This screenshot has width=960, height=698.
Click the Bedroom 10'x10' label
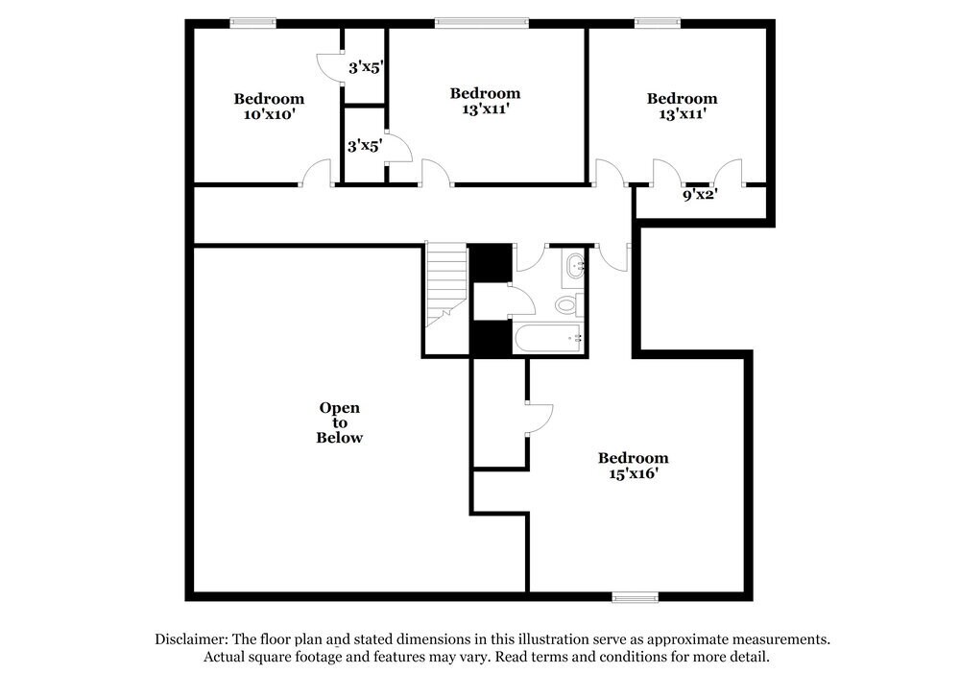(269, 106)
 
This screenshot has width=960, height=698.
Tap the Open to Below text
(340, 422)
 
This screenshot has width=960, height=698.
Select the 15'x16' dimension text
(632, 473)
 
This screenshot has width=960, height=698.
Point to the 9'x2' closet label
(701, 194)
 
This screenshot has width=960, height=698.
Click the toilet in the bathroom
(567, 305)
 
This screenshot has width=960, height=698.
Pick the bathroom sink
(575, 266)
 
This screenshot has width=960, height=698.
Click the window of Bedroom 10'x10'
(252, 22)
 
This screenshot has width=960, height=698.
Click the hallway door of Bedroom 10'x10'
(317, 174)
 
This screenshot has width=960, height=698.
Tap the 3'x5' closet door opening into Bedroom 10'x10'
(328, 67)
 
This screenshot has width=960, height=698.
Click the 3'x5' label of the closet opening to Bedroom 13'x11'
(365, 146)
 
